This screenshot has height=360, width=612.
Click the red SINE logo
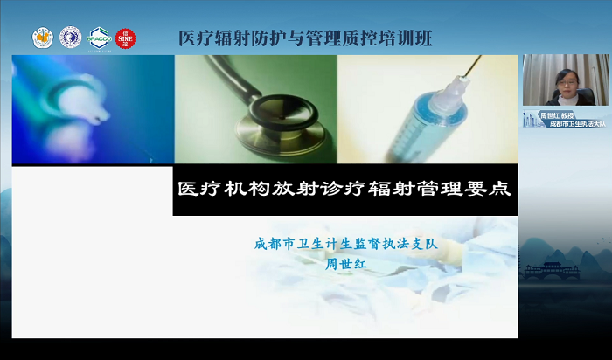click(x=125, y=38)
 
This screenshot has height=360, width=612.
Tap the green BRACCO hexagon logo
click(x=99, y=38)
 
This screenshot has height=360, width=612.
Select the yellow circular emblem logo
click(x=43, y=38)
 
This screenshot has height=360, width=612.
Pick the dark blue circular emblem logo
click(x=70, y=38)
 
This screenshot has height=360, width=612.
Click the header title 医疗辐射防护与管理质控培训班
click(x=304, y=38)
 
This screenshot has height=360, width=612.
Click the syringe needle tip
click(x=479, y=59)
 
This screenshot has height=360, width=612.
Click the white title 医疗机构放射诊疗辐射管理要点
click(x=344, y=188)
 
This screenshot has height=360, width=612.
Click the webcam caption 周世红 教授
click(x=554, y=114)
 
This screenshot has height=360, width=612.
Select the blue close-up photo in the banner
click(x=93, y=108)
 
